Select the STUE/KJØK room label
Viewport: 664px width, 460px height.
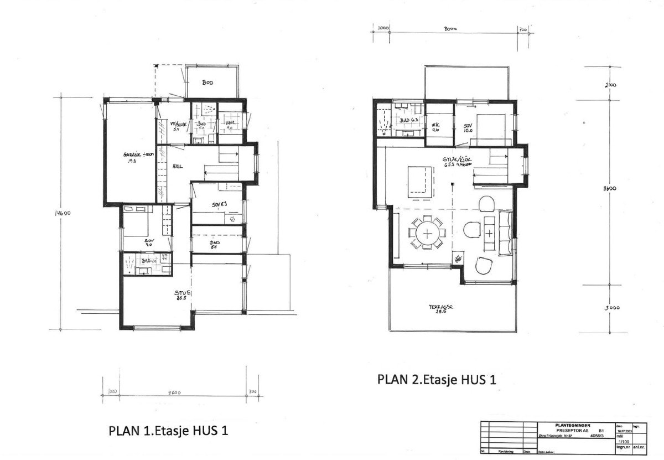point(456,162)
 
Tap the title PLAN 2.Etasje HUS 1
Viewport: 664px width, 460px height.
point(435,380)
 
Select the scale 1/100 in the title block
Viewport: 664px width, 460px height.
point(622,441)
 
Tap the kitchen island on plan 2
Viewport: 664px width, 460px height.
point(420,182)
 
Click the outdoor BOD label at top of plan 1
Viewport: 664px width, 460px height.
point(207,83)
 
